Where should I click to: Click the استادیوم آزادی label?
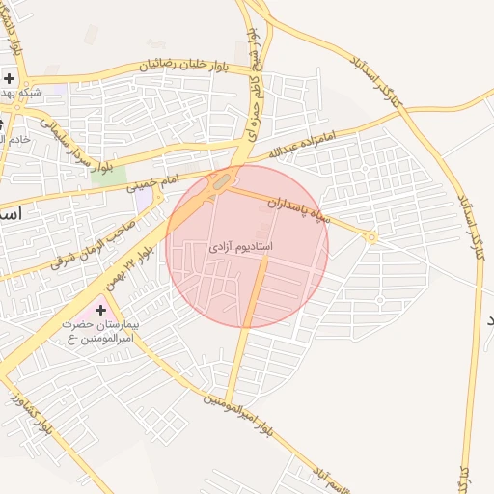coord(241,247)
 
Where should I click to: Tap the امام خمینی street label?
coord(153,180)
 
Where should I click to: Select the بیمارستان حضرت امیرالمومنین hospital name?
coord(102,332)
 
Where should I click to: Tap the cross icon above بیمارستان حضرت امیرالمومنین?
coord(101,310)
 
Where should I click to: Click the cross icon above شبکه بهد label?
coord(9,78)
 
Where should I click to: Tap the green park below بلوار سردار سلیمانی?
coord(108,176)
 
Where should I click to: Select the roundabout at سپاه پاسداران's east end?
coord(371,236)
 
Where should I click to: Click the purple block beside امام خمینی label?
coord(145,200)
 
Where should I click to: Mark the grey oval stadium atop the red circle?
coord(223,180)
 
